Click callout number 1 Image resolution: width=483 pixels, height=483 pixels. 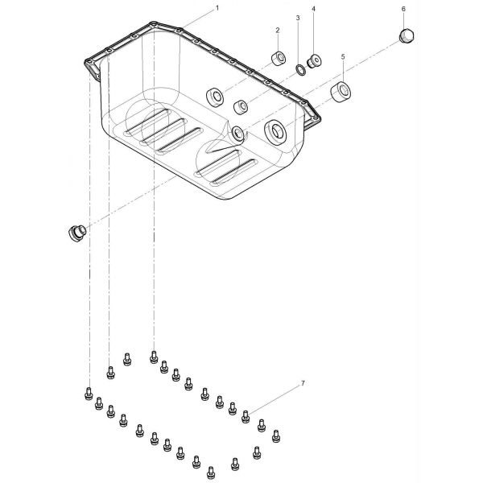coord(217,8)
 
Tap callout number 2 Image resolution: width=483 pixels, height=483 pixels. coord(278,31)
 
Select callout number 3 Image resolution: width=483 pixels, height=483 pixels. coord(298,19)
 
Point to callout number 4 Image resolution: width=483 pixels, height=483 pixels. coord(313,9)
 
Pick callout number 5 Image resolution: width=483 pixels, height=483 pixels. coord(343,57)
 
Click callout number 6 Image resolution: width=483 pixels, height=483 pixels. coord(403,9)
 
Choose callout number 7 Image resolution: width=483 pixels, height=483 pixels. coord(303,383)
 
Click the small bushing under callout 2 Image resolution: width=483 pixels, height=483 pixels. coord(279,58)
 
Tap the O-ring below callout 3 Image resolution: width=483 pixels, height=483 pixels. coord(300,70)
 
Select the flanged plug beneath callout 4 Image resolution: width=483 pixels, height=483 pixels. coord(314,60)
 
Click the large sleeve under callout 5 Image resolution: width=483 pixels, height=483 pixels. coord(341,92)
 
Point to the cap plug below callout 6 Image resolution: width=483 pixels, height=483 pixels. coord(407,35)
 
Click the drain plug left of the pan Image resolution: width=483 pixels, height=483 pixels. coord(76,233)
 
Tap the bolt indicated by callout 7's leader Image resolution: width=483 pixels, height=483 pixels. coord(246,417)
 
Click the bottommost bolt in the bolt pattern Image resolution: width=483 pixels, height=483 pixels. coord(211,473)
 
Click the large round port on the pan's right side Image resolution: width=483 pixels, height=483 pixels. coord(275,132)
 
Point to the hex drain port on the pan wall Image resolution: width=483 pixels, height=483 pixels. coord(237,133)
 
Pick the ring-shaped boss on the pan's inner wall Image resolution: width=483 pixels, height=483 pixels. coord(215,97)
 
